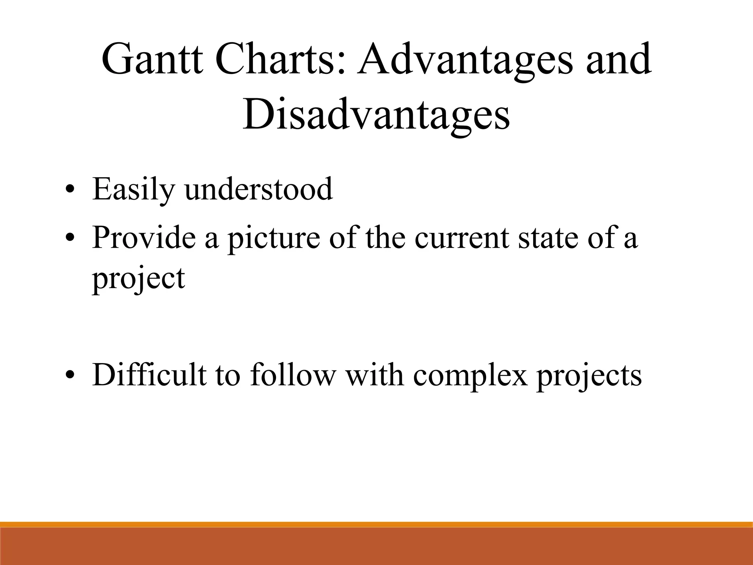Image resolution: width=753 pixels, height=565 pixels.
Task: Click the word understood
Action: [x=259, y=189]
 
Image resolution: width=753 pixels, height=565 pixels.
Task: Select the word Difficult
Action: [x=149, y=375]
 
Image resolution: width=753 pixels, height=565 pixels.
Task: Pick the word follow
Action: [x=293, y=375]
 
